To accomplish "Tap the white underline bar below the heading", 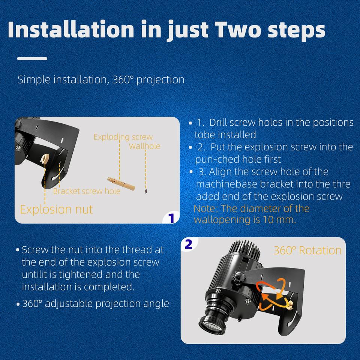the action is (32, 59).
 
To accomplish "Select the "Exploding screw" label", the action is (123, 137).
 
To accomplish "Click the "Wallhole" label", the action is (144, 146).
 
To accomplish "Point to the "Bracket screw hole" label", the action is (87, 191).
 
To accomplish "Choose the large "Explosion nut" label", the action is (56, 209).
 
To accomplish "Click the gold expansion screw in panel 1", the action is (121, 184).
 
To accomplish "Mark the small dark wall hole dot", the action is (145, 191).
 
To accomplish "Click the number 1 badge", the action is (171, 218).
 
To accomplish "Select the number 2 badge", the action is (189, 244).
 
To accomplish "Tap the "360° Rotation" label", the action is (307, 250).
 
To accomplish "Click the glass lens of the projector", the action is (209, 325).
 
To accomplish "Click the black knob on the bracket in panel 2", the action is (239, 277).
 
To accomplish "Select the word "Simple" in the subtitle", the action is (34, 79).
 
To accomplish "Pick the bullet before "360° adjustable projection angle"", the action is (18, 304).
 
